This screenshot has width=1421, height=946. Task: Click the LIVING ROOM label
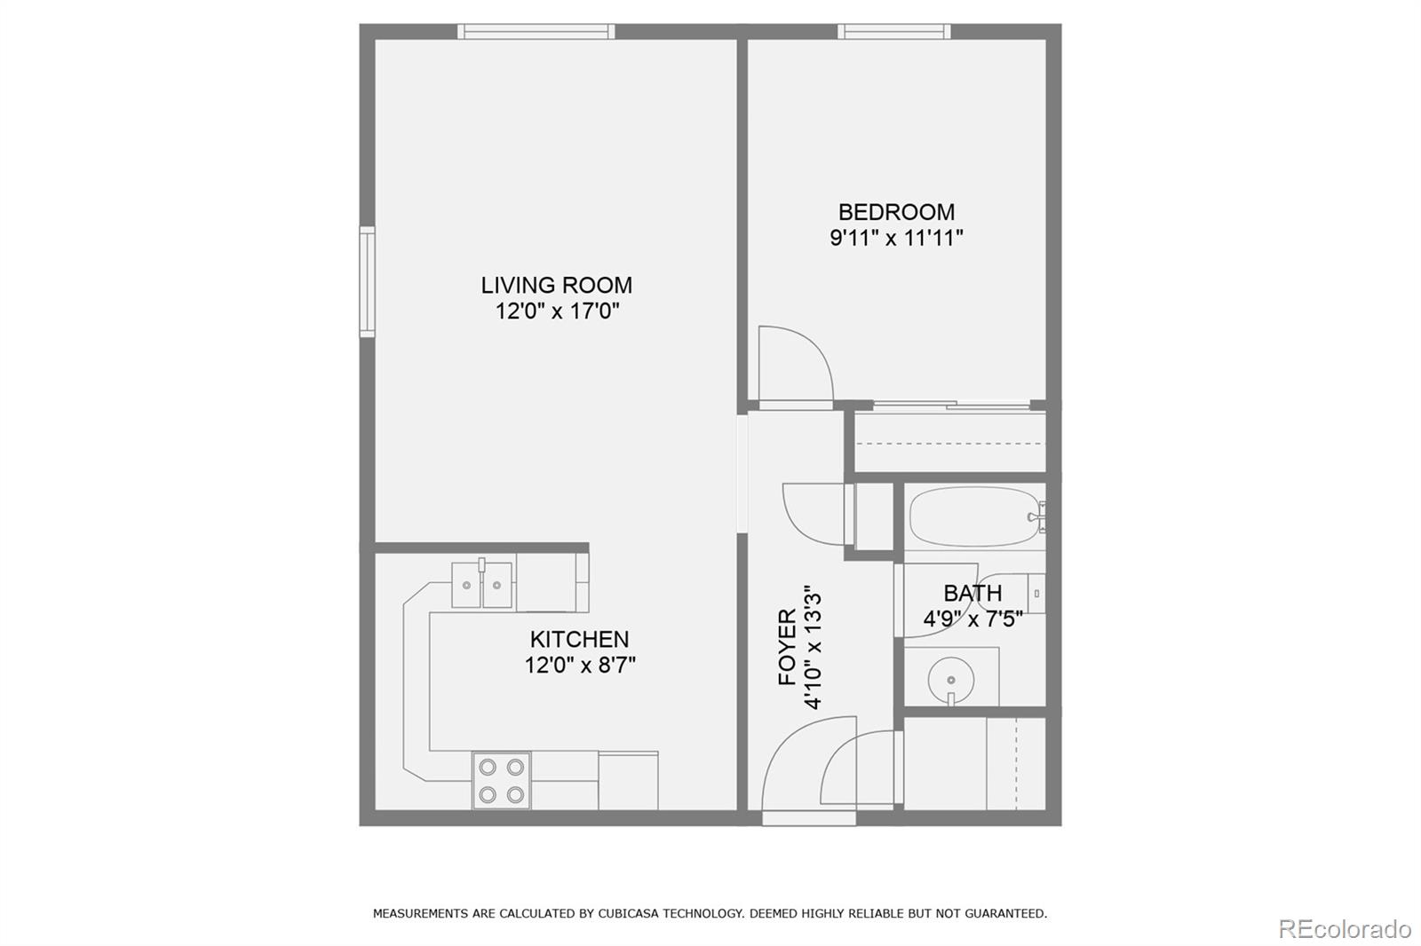(556, 285)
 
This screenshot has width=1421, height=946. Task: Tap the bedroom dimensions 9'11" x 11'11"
(896, 238)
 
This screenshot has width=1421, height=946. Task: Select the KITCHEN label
(579, 639)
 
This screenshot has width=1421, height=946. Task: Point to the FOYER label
(787, 647)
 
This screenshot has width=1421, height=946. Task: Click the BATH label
(972, 593)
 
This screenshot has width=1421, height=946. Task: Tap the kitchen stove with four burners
(502, 780)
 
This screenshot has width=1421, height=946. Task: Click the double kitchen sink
(482, 585)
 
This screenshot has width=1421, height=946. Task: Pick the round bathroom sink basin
(950, 680)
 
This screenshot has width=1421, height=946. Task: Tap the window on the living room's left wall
(367, 281)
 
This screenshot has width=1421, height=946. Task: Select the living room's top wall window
(536, 32)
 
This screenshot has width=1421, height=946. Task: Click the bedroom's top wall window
(893, 32)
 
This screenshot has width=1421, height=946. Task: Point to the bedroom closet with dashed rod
(949, 442)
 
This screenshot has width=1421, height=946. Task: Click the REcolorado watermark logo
(1344, 929)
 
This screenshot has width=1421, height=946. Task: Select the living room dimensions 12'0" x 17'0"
(556, 311)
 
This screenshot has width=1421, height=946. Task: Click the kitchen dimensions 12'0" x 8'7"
(579, 665)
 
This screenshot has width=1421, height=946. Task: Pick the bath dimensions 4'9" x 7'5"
(972, 619)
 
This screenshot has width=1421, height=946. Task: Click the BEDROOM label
(896, 212)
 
